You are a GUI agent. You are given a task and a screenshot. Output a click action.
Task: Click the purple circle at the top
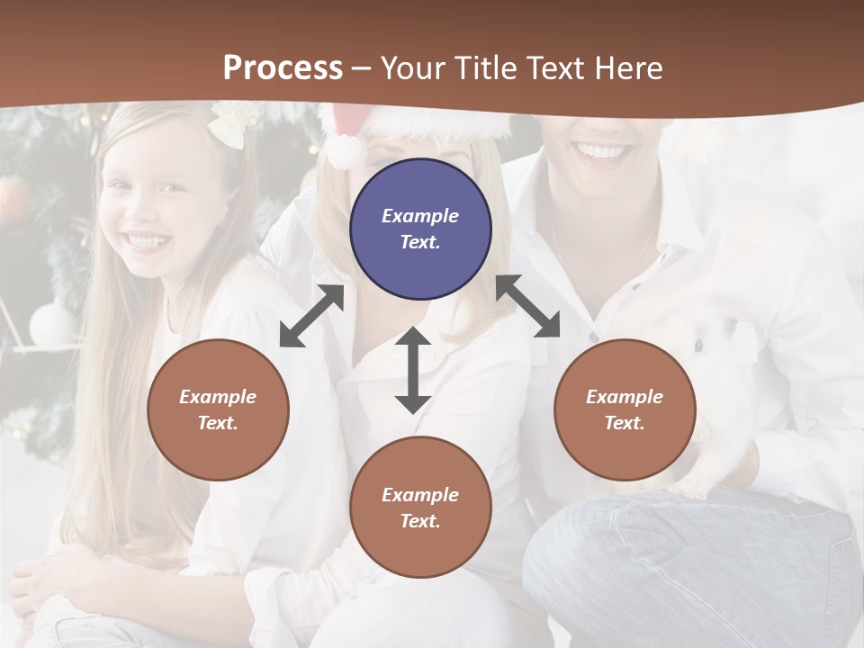point(420,229)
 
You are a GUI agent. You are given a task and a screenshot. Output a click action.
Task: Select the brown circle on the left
point(218,409)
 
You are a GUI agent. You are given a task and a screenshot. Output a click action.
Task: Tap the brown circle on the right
point(625,409)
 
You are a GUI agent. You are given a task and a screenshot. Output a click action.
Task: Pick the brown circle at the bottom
point(420,508)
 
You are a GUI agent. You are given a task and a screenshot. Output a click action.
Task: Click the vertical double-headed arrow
point(413,370)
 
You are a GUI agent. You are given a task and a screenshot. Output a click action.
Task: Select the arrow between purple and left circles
point(311,316)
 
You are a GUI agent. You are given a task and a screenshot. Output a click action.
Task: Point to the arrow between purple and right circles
point(528,307)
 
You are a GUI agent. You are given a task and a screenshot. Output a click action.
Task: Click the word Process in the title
point(283,67)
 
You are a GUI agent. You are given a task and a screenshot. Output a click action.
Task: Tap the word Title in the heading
point(486,67)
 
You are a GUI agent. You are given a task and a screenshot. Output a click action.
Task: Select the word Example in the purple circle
point(420,216)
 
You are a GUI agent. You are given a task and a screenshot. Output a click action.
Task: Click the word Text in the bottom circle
point(419,521)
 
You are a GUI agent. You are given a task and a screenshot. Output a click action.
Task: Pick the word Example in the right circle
point(625,397)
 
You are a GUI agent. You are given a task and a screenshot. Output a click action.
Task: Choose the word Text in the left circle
point(217,423)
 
